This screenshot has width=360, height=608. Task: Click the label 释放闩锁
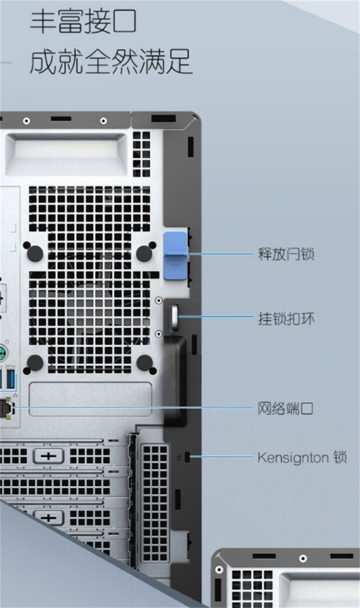pos(286,254)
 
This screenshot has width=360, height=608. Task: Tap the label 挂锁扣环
pos(286,319)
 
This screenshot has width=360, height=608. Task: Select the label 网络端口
pos(285,409)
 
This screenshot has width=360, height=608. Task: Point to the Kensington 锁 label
pos(302,457)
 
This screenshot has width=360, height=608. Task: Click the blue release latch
pos(176,255)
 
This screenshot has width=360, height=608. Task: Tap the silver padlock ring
pos(174,316)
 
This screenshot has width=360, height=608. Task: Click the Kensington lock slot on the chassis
pos(187,457)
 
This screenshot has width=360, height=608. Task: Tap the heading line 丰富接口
pos(83,22)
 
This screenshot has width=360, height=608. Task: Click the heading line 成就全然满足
pos(111,61)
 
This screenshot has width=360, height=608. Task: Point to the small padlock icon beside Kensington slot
pos(179,458)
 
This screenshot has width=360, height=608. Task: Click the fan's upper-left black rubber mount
pos(35,253)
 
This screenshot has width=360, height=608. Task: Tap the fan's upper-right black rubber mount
pos(144,253)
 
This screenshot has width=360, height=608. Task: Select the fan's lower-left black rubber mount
pos(35,363)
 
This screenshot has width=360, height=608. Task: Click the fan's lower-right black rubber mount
pos(145,363)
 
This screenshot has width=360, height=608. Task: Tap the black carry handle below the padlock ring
pos(176,379)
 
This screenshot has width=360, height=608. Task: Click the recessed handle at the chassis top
pos(66,154)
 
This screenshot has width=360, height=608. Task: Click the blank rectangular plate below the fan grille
pos(90,399)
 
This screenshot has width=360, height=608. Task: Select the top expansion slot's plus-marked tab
pos(48,456)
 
